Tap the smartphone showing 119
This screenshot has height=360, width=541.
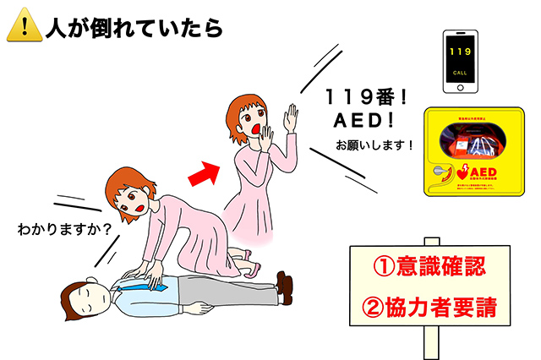460,63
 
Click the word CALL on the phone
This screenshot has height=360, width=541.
460,74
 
